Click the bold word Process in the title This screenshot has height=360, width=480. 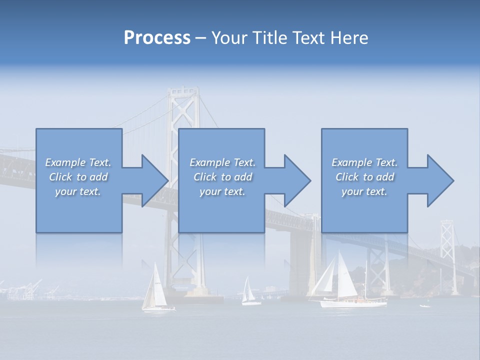[x=157, y=38]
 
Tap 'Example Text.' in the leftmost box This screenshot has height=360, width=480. [x=78, y=162]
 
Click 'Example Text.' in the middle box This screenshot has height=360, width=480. [x=222, y=162]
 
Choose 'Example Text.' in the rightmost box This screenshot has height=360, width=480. [x=364, y=162]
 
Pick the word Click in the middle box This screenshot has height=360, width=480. [x=204, y=177]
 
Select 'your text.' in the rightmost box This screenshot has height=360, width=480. [x=364, y=191]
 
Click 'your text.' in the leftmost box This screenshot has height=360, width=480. [x=78, y=191]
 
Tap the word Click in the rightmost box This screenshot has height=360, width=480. [x=347, y=177]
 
